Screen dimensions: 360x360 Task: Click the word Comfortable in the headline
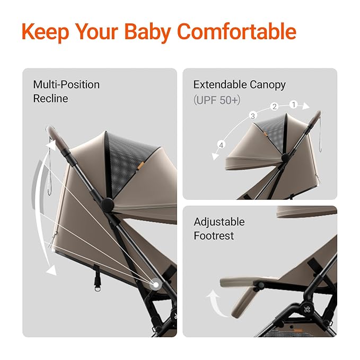236,32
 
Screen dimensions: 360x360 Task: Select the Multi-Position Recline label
66,91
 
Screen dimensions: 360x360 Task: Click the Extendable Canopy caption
239,84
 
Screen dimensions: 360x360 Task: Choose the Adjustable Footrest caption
219,228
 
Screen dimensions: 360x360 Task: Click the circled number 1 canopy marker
294,105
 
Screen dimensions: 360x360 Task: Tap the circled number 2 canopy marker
274,107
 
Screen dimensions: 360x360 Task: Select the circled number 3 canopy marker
253,116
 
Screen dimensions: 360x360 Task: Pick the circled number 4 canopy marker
222,144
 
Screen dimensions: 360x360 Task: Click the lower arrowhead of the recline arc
51,270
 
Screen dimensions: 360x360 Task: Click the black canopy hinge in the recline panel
108,204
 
